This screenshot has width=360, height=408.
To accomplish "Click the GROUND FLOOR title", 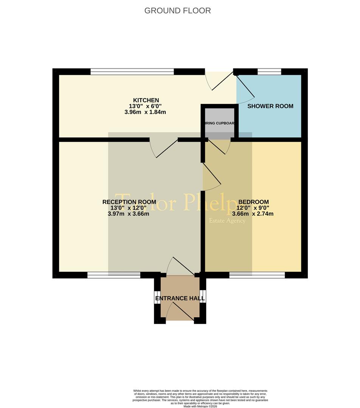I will click(177, 11).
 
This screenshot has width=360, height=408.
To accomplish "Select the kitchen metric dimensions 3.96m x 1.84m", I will click(145, 112).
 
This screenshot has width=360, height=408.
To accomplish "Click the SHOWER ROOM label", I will click(270, 106).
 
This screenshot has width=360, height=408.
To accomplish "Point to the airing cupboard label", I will click(220, 123).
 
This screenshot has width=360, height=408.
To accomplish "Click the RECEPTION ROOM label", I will click(129, 202).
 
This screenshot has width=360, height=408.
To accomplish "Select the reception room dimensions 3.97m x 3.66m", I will click(129, 214).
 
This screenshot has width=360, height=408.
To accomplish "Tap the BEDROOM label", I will click(253, 202).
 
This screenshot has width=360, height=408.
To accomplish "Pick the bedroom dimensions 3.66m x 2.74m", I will click(253, 214).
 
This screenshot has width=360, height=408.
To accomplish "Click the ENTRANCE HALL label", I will click(180, 298).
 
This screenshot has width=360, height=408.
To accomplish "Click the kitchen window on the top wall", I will click(132, 71).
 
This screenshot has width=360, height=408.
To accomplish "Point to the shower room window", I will click(269, 71).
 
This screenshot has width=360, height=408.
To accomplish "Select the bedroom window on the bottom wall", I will click(257, 275).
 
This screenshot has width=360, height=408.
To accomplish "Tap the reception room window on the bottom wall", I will click(113, 275).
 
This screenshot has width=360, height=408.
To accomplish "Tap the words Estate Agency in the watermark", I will click(227, 221).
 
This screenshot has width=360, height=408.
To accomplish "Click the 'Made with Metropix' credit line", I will click(200, 406).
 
